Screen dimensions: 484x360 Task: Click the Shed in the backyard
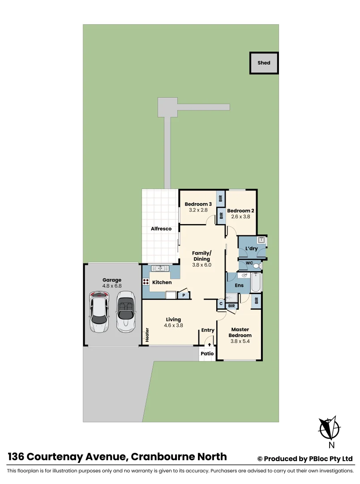point(264,63)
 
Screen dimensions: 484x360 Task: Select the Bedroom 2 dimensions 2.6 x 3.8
point(240,217)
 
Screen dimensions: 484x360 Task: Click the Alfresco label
point(161,229)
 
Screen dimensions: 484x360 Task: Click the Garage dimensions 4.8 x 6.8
point(111,285)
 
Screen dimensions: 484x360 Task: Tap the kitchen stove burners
point(146,282)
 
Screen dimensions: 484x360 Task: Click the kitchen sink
point(159,268)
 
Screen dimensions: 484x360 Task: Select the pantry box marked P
point(183,295)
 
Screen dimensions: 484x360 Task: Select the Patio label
point(207,353)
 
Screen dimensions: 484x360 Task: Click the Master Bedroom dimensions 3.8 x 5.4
point(240,341)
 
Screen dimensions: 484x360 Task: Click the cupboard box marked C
point(221,304)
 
